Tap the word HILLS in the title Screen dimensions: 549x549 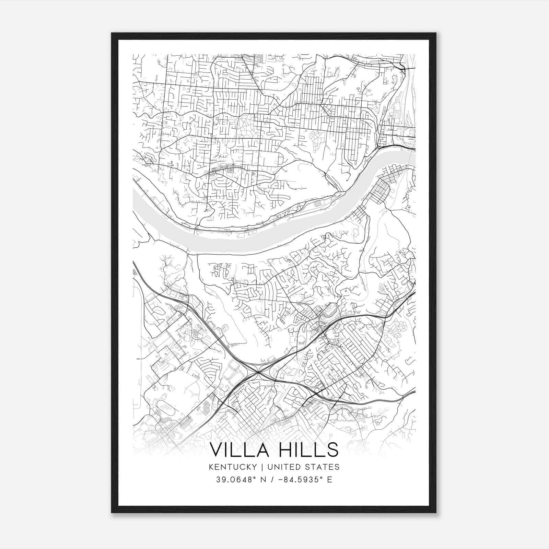[308, 450]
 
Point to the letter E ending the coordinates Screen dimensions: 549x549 [330, 480]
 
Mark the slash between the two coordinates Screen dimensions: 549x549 [272, 480]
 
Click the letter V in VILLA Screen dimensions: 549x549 [217, 450]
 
